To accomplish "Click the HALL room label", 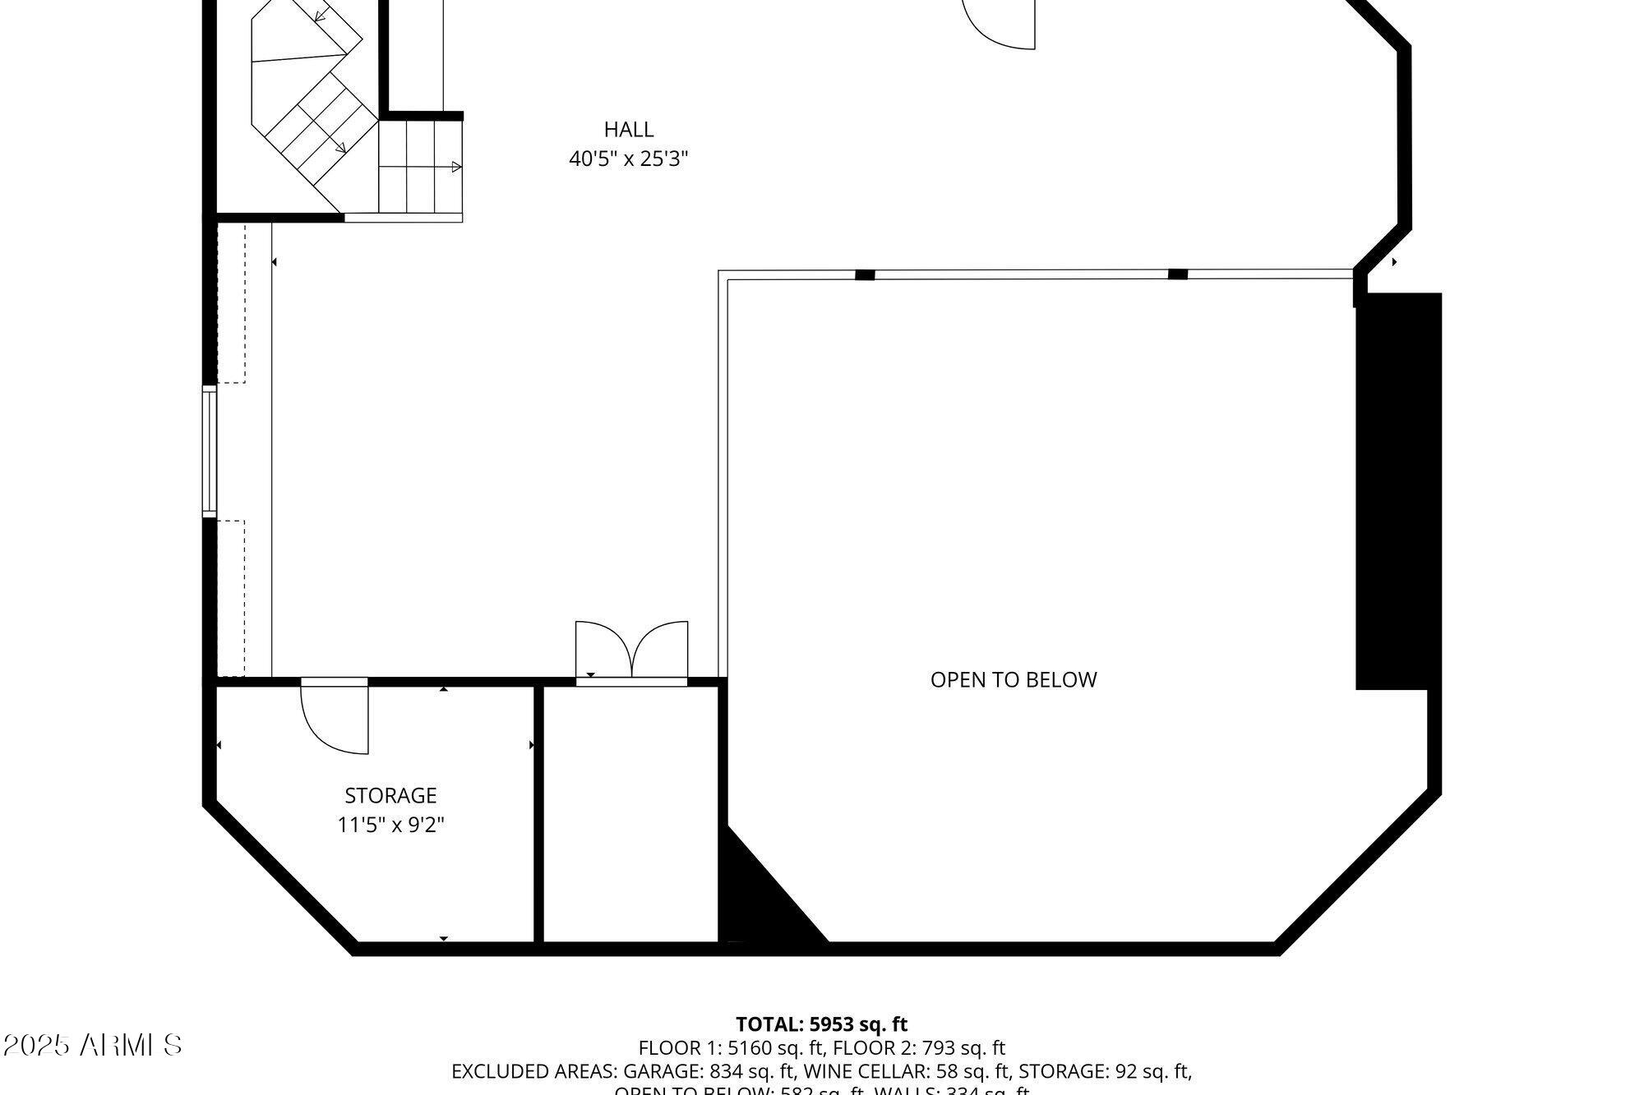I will (x=629, y=130).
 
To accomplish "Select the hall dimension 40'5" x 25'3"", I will (x=629, y=159).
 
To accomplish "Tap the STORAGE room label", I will (x=390, y=795).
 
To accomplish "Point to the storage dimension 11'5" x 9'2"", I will (x=390, y=824).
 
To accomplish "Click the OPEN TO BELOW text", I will (x=1014, y=679).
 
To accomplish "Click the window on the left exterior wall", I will (x=210, y=452).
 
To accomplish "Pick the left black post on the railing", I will (x=865, y=274).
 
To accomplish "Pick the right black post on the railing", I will (x=1178, y=274).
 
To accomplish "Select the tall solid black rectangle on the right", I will (x=1398, y=491).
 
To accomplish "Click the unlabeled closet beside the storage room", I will (x=631, y=813).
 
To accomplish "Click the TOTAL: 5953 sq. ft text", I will (x=821, y=1024).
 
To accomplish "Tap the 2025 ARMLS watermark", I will (x=92, y=1045).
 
